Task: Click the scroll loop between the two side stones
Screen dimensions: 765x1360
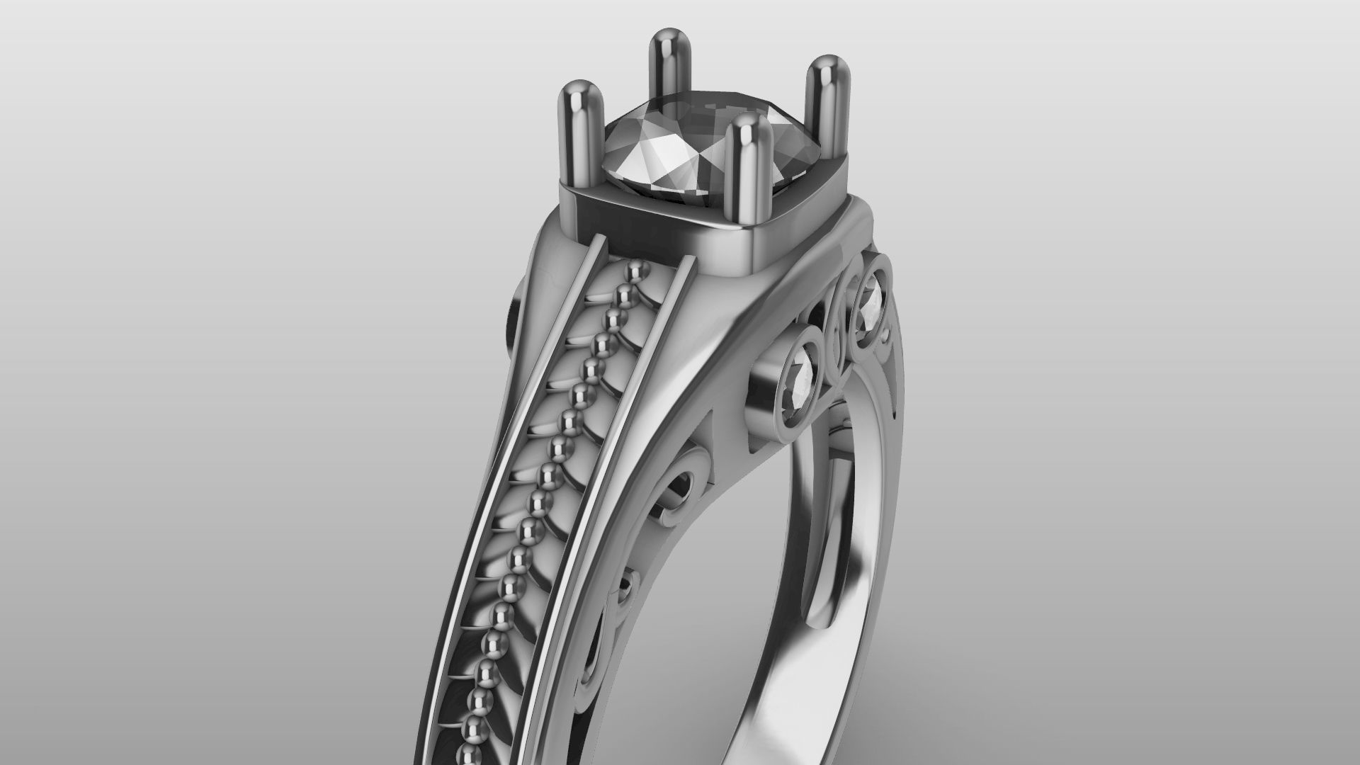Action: tap(836, 333)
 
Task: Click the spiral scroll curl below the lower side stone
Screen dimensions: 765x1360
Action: tap(673, 489)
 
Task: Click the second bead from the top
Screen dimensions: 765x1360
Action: tap(626, 293)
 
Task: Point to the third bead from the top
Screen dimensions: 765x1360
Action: tap(616, 317)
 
